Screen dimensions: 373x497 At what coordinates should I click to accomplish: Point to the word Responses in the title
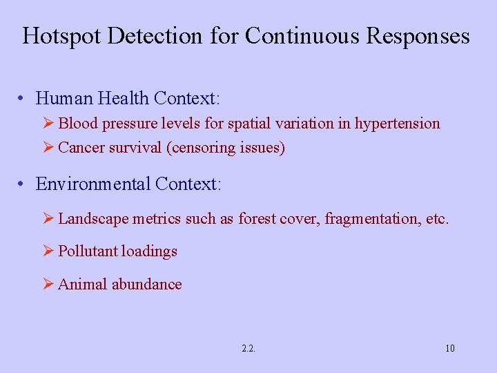418,36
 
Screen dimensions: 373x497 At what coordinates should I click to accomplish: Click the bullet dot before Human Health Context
23,99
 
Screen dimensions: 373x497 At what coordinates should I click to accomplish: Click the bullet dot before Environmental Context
23,184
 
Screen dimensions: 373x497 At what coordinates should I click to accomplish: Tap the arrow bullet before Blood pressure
48,123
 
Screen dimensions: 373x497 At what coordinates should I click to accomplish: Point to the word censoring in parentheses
200,147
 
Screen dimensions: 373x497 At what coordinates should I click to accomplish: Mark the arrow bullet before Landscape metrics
48,219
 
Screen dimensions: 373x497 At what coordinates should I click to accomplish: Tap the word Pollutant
88,251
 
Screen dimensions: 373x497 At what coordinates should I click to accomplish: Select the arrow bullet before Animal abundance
48,284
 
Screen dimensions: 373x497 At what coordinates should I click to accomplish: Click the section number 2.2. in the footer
248,348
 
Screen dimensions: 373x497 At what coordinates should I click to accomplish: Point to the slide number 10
450,348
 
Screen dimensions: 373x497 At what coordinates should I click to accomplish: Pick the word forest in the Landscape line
257,219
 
